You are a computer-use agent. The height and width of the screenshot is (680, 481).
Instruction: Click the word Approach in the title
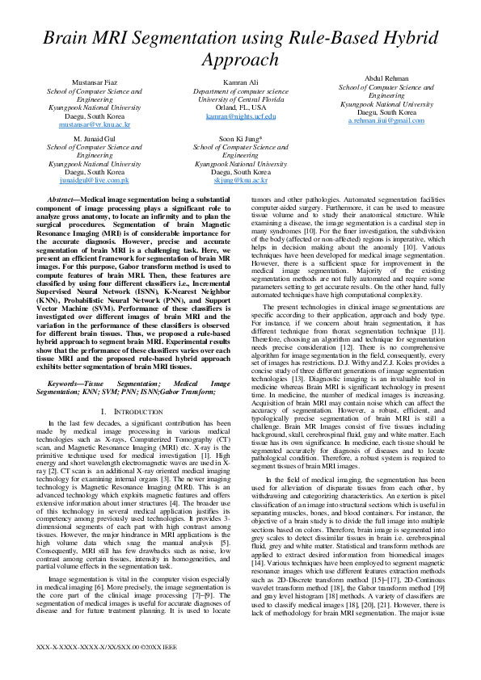tap(240, 60)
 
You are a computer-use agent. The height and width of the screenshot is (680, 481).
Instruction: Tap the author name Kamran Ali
tap(241, 83)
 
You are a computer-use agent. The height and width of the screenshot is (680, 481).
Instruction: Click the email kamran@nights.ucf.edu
tap(241, 116)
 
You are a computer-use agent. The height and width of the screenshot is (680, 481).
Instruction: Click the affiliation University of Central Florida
tap(241, 99)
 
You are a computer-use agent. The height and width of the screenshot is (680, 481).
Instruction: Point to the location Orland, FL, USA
tap(241, 107)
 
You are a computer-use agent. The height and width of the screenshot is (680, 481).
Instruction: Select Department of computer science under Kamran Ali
tap(241, 91)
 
